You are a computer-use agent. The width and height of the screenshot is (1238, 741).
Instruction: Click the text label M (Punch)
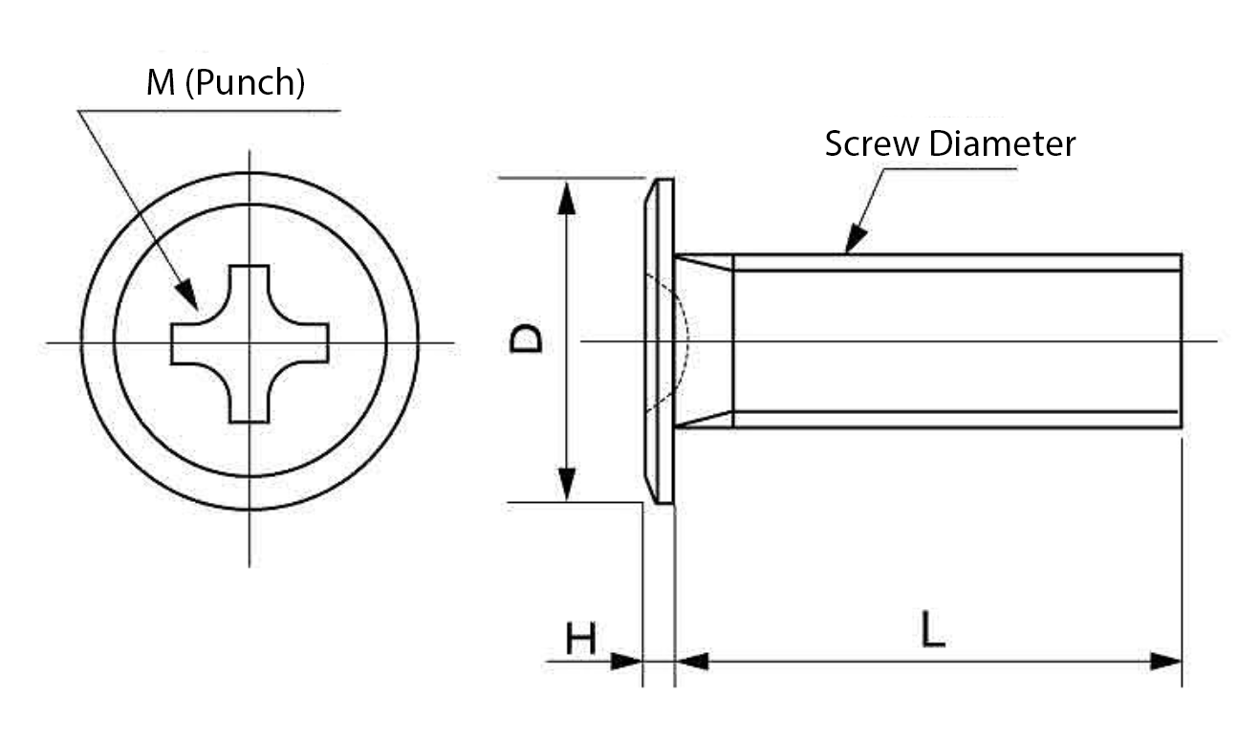(226, 84)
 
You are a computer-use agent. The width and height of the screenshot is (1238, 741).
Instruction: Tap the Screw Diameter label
(950, 144)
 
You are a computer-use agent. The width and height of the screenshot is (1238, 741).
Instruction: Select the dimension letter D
(527, 338)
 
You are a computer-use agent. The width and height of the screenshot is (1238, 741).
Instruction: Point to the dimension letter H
(580, 639)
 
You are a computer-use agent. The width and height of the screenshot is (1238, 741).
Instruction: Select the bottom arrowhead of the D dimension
(567, 482)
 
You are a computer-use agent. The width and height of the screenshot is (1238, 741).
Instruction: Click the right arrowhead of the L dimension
(1167, 661)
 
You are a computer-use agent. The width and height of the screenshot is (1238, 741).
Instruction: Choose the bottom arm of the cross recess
(250, 403)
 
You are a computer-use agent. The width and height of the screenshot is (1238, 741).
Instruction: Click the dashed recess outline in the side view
(684, 342)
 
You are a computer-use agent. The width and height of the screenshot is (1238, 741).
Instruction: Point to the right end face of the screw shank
(1182, 341)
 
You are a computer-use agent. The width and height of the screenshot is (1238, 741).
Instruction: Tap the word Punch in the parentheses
(244, 84)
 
